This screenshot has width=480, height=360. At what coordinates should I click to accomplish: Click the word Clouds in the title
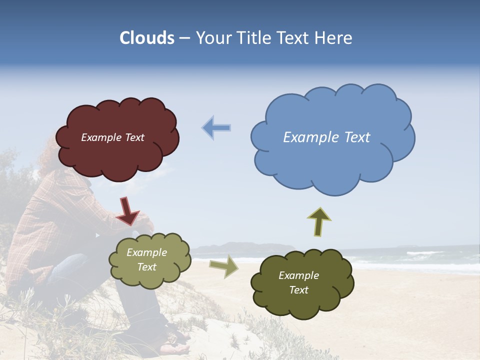[146, 38]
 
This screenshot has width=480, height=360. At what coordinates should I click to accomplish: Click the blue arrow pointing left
[216, 127]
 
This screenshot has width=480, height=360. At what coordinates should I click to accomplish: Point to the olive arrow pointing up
[319, 221]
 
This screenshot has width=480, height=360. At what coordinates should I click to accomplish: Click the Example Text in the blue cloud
[326, 137]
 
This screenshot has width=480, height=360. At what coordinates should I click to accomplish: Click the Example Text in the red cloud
[112, 137]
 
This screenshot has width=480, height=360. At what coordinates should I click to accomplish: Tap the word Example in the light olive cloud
[146, 252]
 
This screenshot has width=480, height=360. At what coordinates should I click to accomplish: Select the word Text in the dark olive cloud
[298, 290]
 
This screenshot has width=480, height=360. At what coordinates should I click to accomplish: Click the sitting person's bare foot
[175, 347]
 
